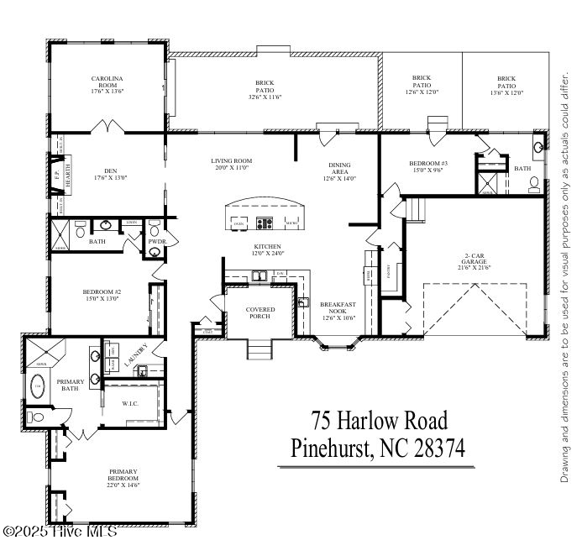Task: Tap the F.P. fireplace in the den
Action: (x=57, y=179)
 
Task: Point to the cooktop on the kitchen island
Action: (x=265, y=224)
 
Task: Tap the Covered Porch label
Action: (x=260, y=313)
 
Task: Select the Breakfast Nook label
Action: (x=340, y=308)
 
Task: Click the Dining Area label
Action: (x=340, y=169)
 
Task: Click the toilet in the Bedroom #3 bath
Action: (x=533, y=186)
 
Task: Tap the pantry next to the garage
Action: (x=389, y=270)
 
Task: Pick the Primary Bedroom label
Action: (x=123, y=476)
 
